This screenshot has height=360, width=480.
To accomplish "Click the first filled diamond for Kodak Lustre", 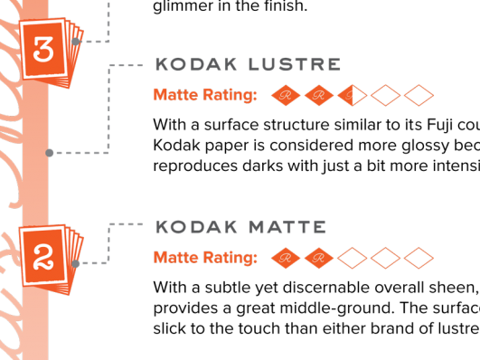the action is tap(287, 95).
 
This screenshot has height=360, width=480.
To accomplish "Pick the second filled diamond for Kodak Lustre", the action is tap(319, 95).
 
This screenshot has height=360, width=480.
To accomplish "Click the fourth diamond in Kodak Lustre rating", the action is tap(386, 95).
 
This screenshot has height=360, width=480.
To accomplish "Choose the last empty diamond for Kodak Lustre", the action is tap(419, 95).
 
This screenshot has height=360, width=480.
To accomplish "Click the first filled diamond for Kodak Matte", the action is tap(287, 259).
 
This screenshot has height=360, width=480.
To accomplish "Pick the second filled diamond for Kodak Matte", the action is tap(319, 259).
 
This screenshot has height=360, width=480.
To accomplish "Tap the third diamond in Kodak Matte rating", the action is tap(353, 259).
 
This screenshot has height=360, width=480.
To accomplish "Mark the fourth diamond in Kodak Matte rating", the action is tap(386, 259).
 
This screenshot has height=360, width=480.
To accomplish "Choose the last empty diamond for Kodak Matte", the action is tap(419, 259).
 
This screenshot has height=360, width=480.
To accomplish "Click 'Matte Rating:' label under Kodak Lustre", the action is tap(205, 95).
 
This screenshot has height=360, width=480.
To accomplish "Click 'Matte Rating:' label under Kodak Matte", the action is tap(205, 259).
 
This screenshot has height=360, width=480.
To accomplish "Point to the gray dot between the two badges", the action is tap(49, 153).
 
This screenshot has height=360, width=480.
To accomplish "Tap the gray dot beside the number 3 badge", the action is tap(76, 42).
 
